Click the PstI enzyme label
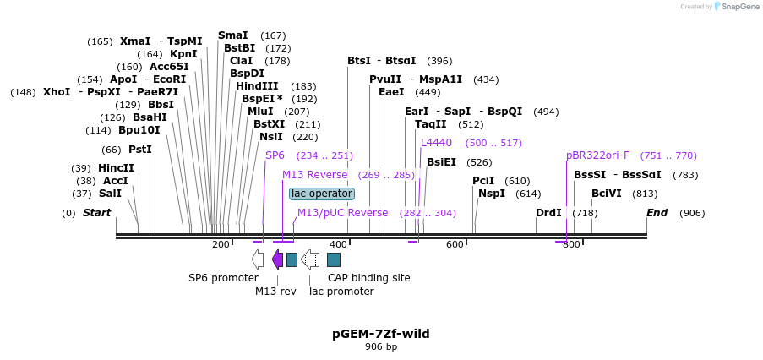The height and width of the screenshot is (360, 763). coord(139,150)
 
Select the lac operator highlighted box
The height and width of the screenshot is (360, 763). coord(322,194)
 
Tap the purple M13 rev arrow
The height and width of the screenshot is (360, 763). coord(277,259)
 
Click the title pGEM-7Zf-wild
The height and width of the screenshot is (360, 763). coord(380,334)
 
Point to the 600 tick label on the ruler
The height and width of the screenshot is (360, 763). coord(455,244)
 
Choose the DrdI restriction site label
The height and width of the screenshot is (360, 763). coord(548,212)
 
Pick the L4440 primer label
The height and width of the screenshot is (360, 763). coord(436,143)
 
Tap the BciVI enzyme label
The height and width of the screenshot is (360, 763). coord(607,194)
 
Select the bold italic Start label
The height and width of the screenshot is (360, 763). coord(96,212)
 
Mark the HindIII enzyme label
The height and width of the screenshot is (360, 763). coord(257,86)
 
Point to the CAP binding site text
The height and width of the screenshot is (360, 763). coord(369,277)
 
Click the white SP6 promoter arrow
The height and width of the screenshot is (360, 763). coord(258,259)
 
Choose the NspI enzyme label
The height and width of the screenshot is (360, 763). coord(491,194)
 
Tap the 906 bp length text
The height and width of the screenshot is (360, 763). coord(381,346)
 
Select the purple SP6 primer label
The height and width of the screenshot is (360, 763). coord(275,155)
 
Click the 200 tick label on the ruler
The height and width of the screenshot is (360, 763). coord(221,244)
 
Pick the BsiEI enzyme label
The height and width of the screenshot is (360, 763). coord(441,162)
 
